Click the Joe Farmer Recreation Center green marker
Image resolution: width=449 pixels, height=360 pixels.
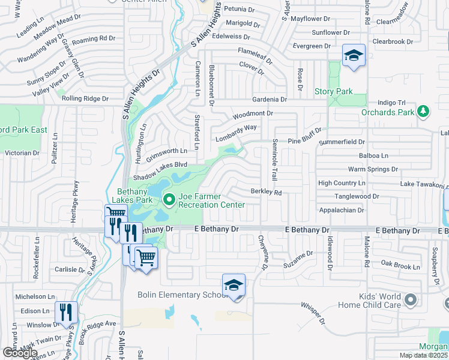click(x=169, y=199)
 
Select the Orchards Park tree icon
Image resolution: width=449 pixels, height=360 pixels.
click(x=424, y=111)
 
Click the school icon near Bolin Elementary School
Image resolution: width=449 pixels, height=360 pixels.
click(x=234, y=285)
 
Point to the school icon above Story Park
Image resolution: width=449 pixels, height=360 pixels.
click(x=354, y=56)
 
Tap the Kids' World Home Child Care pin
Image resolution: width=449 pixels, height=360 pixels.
click(x=411, y=298)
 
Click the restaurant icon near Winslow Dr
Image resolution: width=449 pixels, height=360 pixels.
click(x=66, y=312)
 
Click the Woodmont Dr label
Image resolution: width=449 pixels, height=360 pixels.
click(x=253, y=113)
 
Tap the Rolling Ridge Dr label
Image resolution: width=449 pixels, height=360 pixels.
click(x=85, y=98)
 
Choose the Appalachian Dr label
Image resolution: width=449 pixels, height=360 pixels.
click(x=341, y=211)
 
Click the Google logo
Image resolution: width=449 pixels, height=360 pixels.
click(x=20, y=352)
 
